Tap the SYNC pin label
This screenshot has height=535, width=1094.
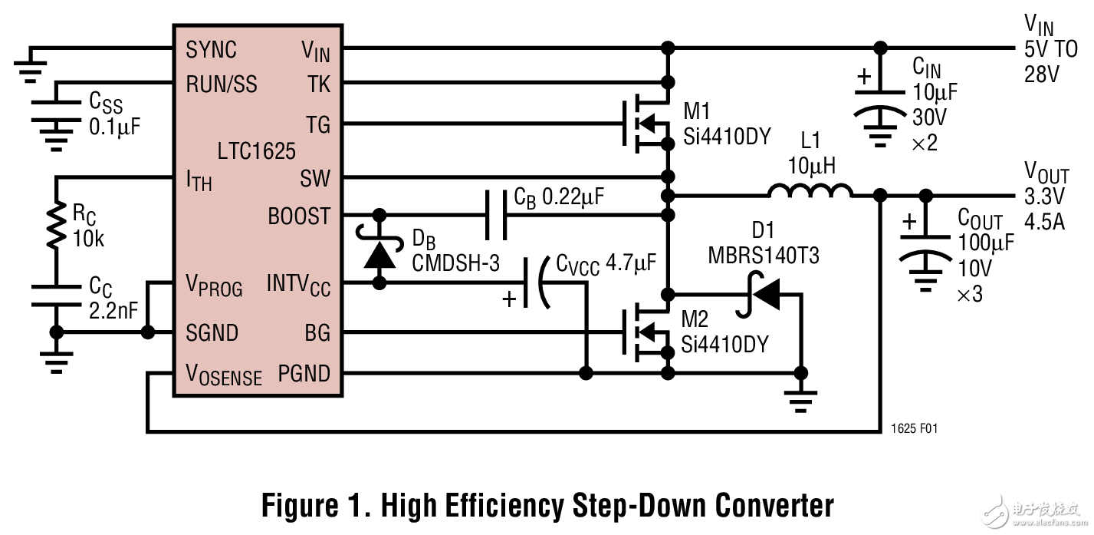click(x=212, y=50)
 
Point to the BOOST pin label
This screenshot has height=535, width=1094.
click(x=299, y=216)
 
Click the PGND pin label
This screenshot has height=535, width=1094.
click(x=304, y=374)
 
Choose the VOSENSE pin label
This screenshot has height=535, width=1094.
click(x=224, y=375)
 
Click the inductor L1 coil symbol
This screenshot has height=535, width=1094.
click(x=810, y=192)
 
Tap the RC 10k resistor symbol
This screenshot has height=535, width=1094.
click(x=56, y=226)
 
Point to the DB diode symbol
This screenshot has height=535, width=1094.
click(x=379, y=253)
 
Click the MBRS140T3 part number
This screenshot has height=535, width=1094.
click(x=762, y=256)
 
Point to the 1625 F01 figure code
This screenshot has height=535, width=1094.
click(x=914, y=428)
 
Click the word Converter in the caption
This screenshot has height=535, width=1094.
click(x=774, y=506)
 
